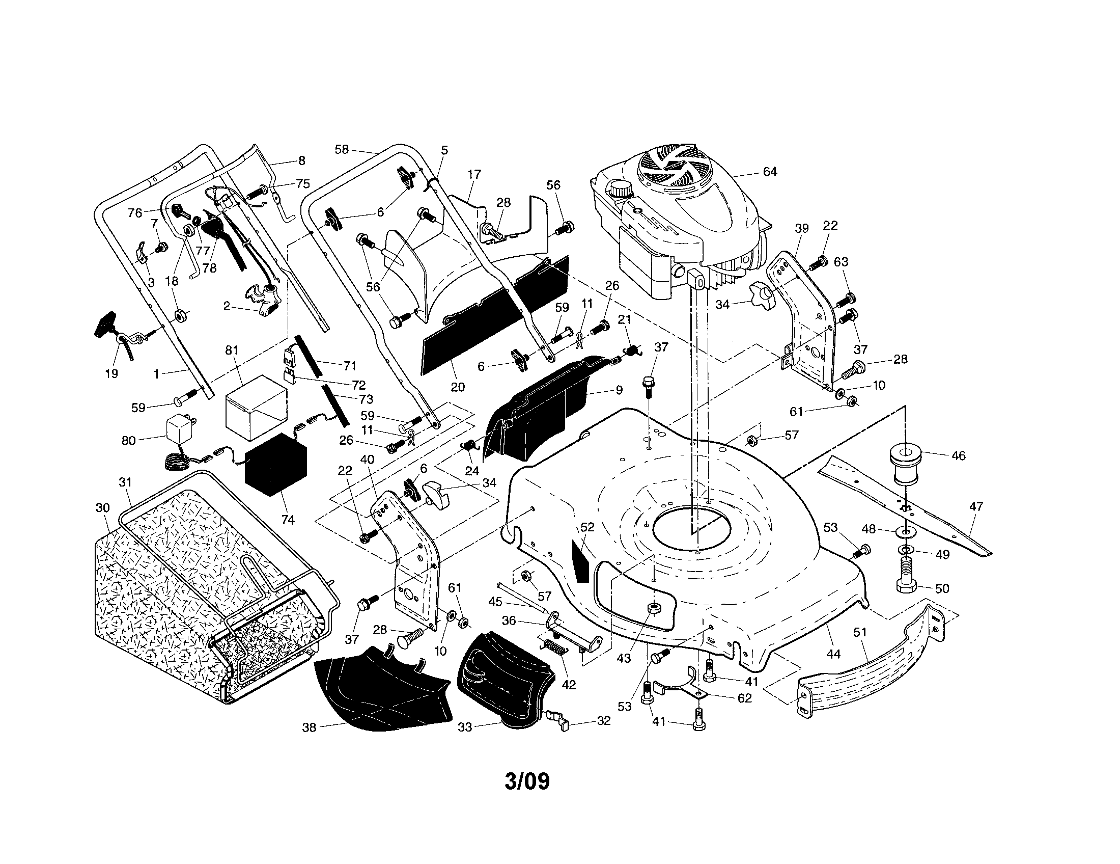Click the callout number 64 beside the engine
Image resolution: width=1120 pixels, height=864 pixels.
tap(770, 172)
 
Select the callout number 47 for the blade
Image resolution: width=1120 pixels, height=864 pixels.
tap(976, 507)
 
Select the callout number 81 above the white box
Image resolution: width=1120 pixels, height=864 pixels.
tap(232, 350)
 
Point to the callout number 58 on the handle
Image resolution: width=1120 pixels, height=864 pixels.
tap(342, 149)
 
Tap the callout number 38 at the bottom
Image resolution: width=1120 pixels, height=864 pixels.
tap(309, 727)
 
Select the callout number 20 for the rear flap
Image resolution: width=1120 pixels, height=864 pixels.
tap(457, 387)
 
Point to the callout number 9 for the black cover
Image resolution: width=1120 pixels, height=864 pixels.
tap(619, 390)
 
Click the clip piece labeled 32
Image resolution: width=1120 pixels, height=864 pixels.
tap(561, 717)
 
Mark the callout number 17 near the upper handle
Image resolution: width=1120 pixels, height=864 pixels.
tap(474, 174)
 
